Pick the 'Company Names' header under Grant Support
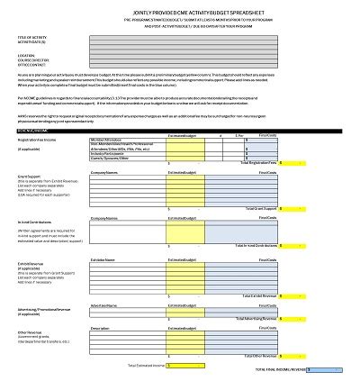pyautogui.click(x=106, y=170)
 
